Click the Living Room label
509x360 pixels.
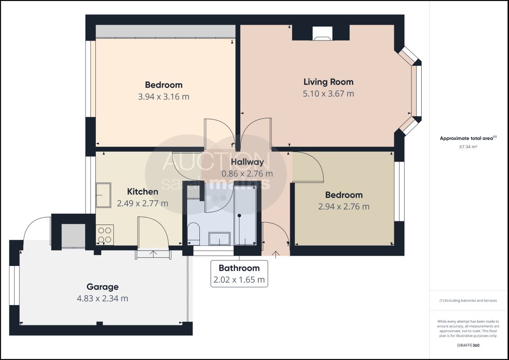(328, 82)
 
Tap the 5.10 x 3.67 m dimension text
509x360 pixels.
(328, 94)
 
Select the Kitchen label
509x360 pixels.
(143, 192)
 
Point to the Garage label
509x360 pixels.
(102, 287)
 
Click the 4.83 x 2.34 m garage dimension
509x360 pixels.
(102, 298)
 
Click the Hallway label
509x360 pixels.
(247, 162)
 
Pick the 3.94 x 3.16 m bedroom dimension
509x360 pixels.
(164, 97)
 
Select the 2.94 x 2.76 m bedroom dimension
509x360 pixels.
(344, 207)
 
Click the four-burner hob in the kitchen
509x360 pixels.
(105, 235)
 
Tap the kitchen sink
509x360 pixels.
(104, 195)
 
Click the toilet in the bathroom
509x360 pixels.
(194, 233)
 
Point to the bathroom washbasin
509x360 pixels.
(220, 238)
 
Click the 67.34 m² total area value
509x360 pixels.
(468, 147)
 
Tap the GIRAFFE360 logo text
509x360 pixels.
(468, 346)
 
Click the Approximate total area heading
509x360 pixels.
(468, 138)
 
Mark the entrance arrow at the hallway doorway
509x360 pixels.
(275, 255)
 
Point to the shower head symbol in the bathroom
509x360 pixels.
(239, 216)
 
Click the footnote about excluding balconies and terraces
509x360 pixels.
(468, 301)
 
